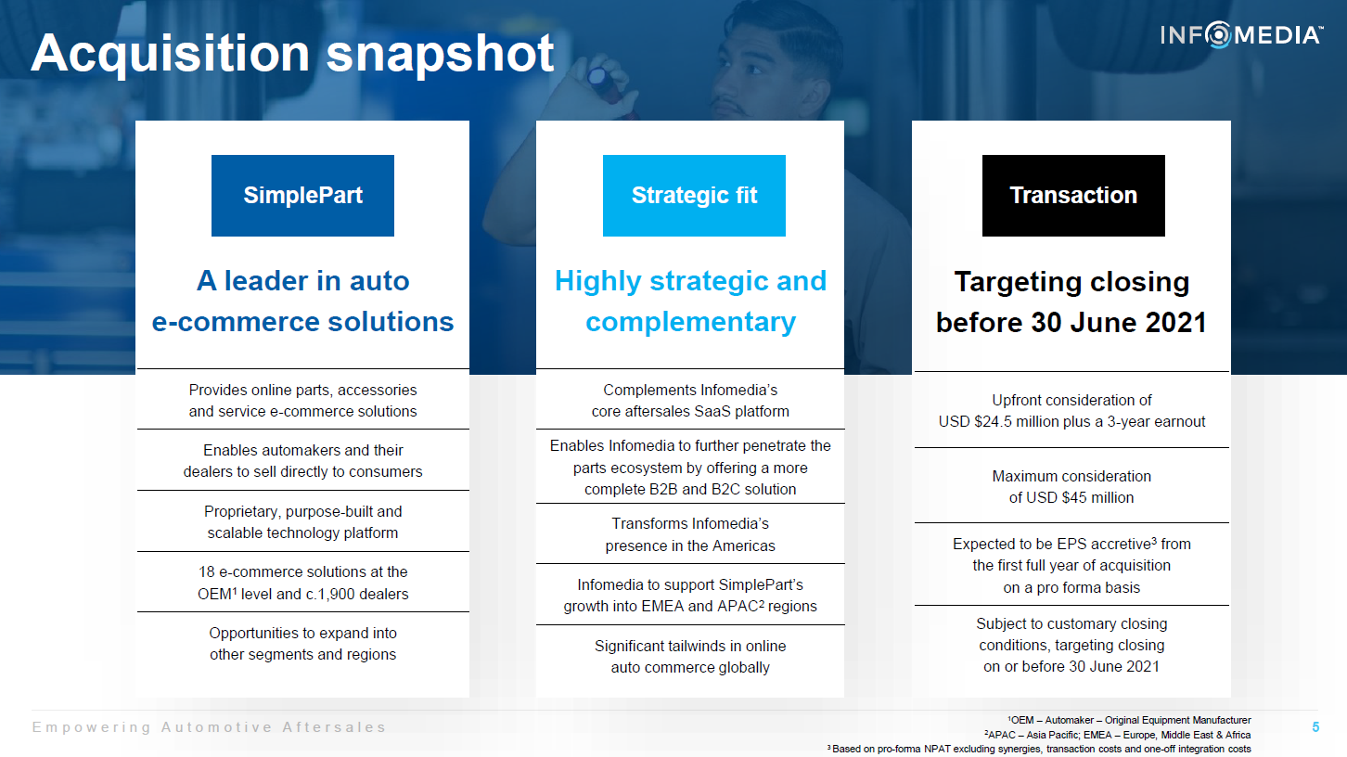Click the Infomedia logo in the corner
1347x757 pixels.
pos(1241,35)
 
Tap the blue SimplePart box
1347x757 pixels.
pos(302,196)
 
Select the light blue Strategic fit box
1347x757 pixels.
pos(694,196)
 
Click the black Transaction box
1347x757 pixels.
pos(1073,196)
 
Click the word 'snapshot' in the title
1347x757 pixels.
pos(440,55)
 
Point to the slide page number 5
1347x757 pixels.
pos(1315,727)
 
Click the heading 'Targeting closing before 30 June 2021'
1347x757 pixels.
pos(1071,302)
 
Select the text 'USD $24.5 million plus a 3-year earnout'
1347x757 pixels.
pos(1071,421)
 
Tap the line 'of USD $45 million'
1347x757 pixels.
pos(1071,497)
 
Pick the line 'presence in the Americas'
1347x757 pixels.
pos(690,545)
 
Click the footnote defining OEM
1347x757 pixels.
pos(1129,720)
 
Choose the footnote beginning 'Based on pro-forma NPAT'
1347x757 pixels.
pos(1039,749)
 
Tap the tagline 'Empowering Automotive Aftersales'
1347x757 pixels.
pos(209,727)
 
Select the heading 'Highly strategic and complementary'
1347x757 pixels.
pos(690,302)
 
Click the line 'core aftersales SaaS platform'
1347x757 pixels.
pos(690,411)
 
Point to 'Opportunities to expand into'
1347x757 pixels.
pos(302,633)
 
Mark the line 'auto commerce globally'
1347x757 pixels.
pos(690,667)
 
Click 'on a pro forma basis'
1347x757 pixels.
pos(1071,587)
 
